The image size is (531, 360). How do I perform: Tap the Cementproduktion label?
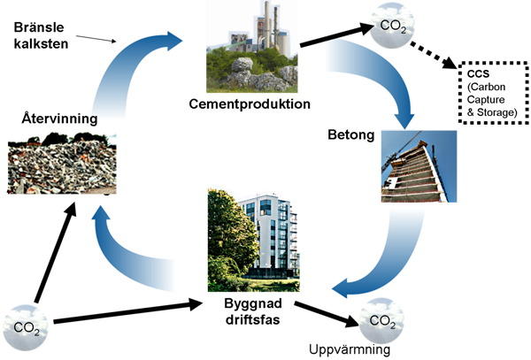pos(250,103)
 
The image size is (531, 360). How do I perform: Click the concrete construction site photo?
pos(418,168)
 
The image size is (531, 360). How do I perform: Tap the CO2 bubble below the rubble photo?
pos(26,326)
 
